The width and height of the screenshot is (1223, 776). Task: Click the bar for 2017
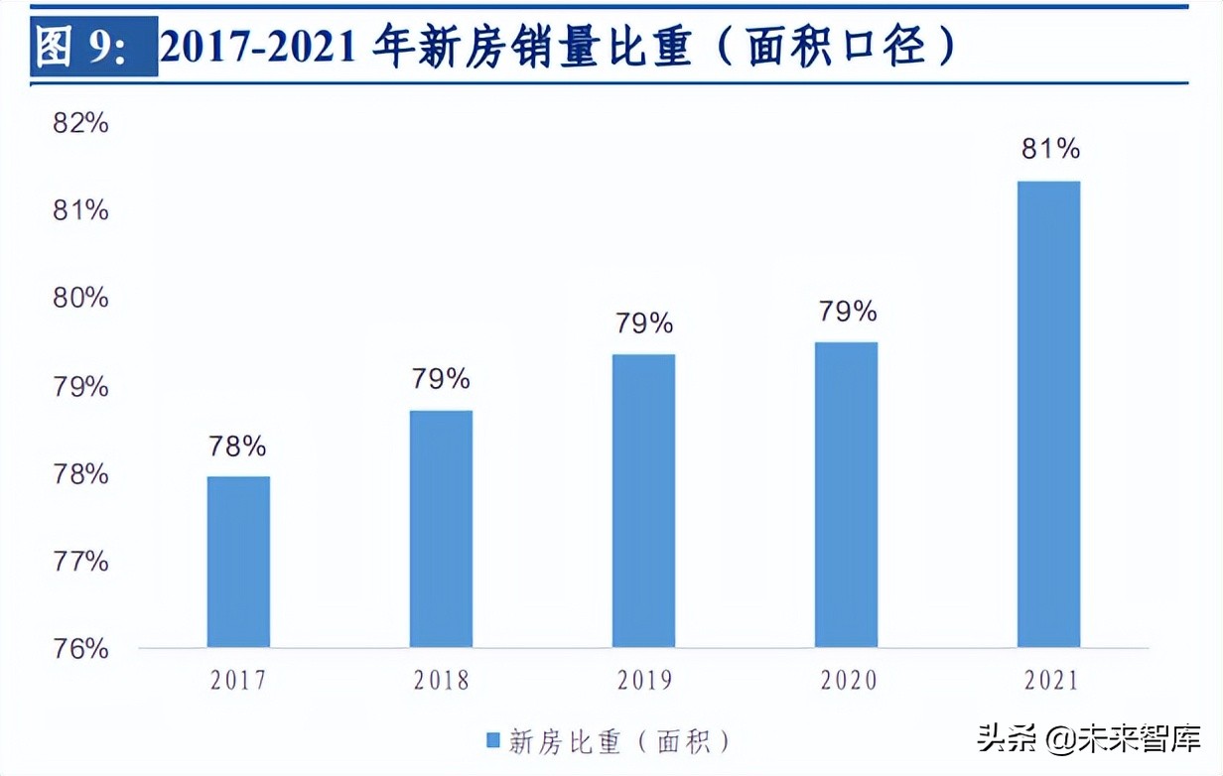coord(238,562)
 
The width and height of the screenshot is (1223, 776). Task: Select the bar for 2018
coord(441,529)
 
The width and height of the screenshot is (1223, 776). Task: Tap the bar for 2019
coord(643,501)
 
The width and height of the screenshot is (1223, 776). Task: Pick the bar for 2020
coord(846,494)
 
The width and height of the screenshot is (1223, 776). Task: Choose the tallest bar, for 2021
coord(1048,414)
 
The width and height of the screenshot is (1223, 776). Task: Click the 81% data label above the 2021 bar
coord(1050,149)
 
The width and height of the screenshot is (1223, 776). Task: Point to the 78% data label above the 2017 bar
coord(237,447)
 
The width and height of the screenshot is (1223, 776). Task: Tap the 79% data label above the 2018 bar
coord(441,379)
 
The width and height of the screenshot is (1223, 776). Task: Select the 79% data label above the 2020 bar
coord(848,312)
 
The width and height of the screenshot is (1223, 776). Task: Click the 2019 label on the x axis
coord(644,680)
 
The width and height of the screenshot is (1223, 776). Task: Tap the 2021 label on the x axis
coord(1049,680)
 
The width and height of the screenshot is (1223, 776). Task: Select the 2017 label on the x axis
coord(238,680)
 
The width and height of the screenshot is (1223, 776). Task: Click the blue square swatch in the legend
coord(493,740)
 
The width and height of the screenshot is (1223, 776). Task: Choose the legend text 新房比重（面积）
coord(621,740)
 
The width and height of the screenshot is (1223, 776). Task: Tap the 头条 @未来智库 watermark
coord(1088,738)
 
